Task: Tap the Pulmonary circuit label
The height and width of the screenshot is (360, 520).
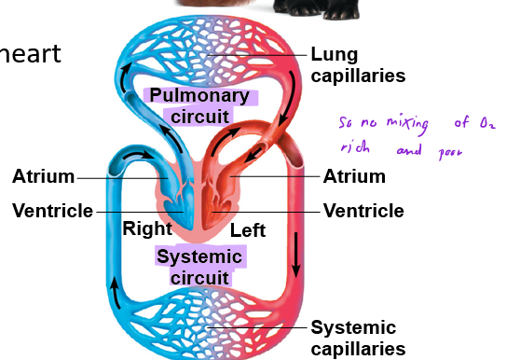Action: [199, 105]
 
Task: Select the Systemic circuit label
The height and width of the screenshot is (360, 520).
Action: [199, 266]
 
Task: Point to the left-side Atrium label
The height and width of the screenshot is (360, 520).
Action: [44, 176]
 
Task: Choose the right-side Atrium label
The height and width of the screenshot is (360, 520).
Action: [354, 176]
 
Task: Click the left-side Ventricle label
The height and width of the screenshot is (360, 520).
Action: [52, 211]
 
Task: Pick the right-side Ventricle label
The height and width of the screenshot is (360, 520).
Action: [363, 211]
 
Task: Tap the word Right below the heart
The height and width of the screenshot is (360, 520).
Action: [147, 229]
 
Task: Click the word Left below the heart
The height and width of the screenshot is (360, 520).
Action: [248, 230]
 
